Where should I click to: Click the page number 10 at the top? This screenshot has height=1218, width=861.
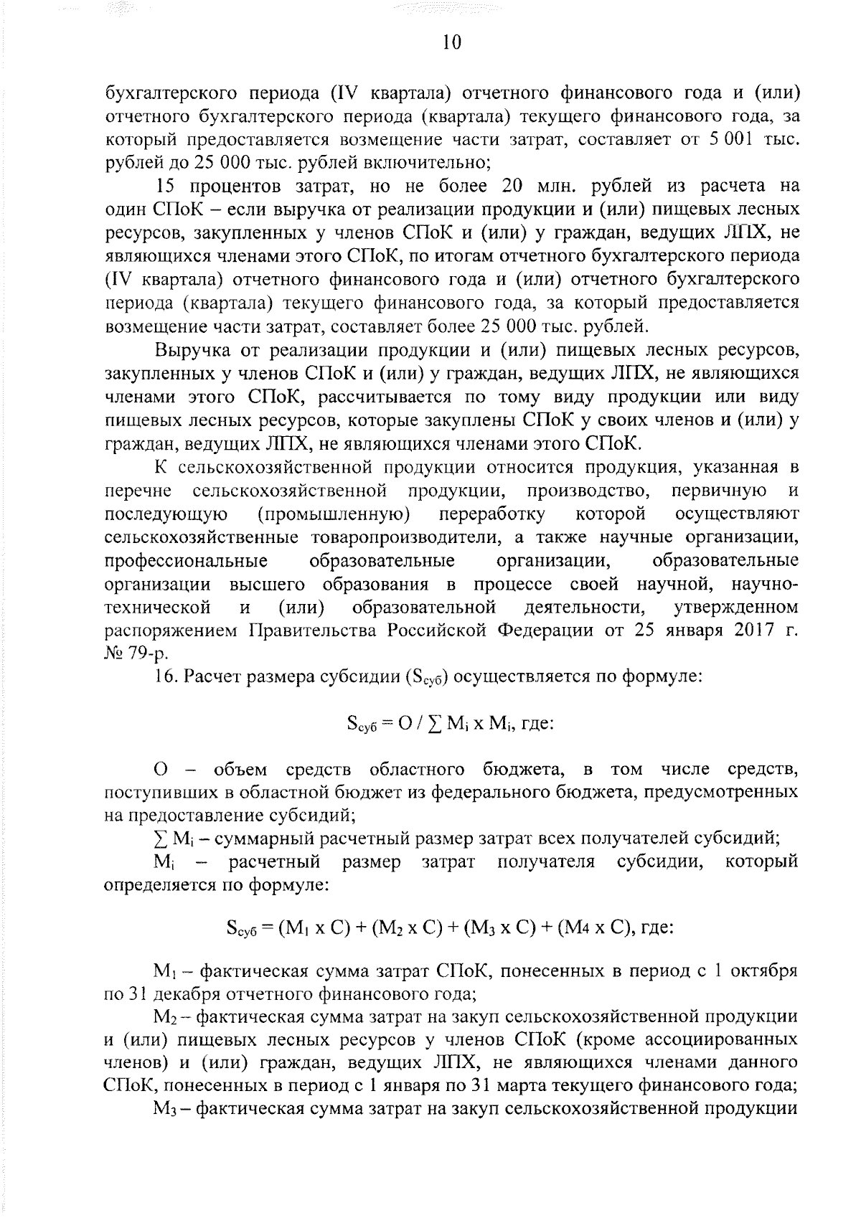pyautogui.click(x=451, y=43)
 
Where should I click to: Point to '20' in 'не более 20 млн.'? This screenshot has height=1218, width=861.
pyautogui.click(x=500, y=186)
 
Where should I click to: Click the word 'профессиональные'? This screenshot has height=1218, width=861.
pyautogui.click(x=186, y=560)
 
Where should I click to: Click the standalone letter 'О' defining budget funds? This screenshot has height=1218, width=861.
pyautogui.click(x=161, y=770)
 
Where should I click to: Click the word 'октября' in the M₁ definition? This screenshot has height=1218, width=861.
pyautogui.click(x=770, y=972)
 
